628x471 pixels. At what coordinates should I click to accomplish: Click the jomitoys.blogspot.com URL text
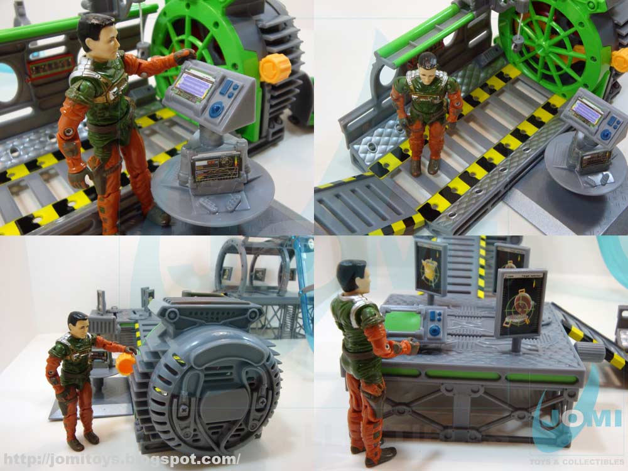120,459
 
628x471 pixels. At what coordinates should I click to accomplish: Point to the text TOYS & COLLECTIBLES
583,462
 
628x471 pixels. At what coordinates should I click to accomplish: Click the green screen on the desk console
402,322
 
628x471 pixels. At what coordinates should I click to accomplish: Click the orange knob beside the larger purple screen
275,67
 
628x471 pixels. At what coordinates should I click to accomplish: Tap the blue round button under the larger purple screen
216,111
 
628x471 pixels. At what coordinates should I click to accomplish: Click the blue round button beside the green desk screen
434,332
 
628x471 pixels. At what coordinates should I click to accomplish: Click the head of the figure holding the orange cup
78,325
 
